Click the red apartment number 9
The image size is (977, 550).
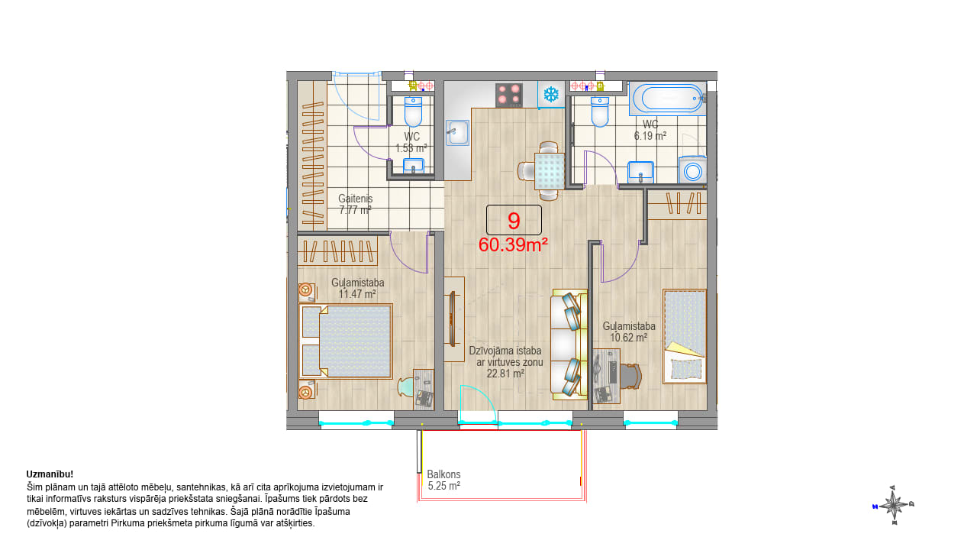point(514,221)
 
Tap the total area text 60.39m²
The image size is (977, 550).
point(513,245)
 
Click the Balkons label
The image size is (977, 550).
point(443,474)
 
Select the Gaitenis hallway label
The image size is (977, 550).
point(356,199)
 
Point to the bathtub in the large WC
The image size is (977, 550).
point(667,99)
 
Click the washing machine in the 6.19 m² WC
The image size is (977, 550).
point(692,170)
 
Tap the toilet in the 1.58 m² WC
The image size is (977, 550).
point(413,111)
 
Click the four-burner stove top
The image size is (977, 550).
point(508,95)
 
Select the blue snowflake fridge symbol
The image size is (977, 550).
point(551,94)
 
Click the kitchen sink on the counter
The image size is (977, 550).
point(457,133)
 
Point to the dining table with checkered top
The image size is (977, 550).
point(550,170)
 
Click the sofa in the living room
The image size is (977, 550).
point(569,345)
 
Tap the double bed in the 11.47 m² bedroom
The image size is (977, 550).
point(346,341)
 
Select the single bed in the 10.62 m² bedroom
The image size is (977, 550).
point(685,336)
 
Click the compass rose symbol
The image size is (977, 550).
point(894,505)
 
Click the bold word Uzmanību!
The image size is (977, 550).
point(50,474)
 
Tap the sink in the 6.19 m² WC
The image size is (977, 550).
point(640,173)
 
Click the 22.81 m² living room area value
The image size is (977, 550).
point(505,374)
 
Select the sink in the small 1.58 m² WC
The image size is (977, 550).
point(413,166)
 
